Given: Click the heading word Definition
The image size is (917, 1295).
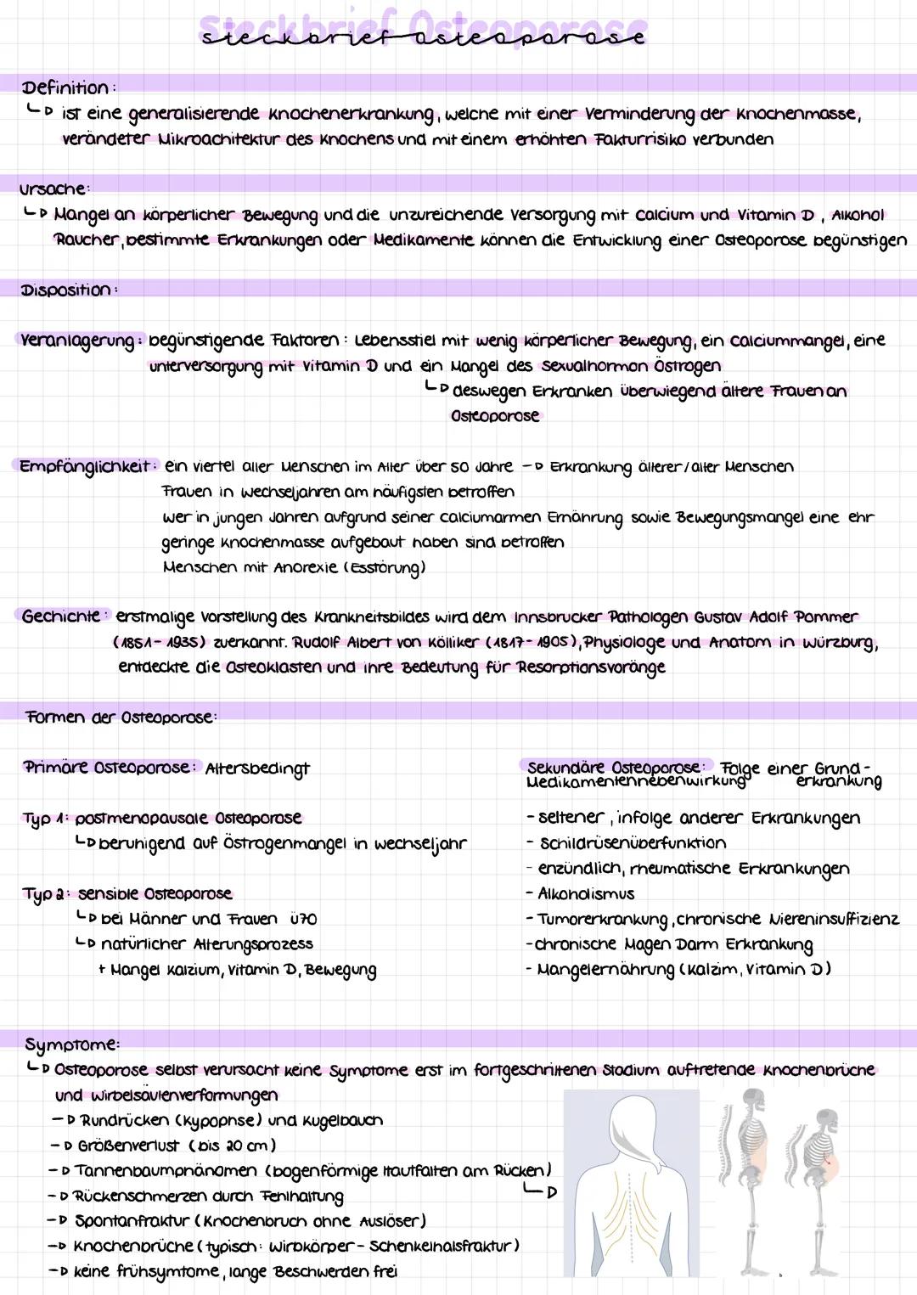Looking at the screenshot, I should coord(65,87).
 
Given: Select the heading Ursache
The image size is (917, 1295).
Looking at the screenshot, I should coord(53,189).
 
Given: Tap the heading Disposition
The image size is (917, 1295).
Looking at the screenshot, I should coord(66,290).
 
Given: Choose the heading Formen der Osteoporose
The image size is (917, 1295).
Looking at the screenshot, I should coord(120,718).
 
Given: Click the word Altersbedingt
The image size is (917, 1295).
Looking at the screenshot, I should coord(257,769).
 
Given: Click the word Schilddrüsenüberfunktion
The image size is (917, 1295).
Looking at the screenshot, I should coord(633,843).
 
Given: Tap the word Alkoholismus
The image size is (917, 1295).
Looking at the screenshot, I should coord(586,894).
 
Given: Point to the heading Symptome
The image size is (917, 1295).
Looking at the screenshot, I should coord(71,1044).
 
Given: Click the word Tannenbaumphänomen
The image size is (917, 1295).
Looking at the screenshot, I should coord(166,1171).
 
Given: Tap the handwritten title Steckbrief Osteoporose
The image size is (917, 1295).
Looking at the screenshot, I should coord(422,32).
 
